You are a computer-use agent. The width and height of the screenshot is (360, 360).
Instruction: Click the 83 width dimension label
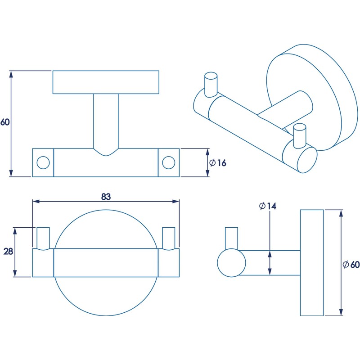coord(106,197)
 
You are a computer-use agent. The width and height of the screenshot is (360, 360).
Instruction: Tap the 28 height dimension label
coord(8,252)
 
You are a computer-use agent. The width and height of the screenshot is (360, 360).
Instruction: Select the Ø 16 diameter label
coord(217,162)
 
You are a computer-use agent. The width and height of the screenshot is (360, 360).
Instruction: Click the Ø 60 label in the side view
coord(351,265)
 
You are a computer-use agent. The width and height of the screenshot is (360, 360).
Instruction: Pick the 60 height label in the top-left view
coord(5,122)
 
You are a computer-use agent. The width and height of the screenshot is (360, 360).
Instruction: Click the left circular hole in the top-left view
coord(43,162)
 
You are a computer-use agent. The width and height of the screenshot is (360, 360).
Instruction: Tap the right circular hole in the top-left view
coord(169,162)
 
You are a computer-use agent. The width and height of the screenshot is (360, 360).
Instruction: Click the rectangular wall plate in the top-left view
coord(106,82)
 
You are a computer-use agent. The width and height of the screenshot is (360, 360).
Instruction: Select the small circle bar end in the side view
coord(231,263)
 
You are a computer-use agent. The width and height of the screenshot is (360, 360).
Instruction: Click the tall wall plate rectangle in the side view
coord(311,263)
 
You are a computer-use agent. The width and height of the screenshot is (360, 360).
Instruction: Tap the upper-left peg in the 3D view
coord(211,84)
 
